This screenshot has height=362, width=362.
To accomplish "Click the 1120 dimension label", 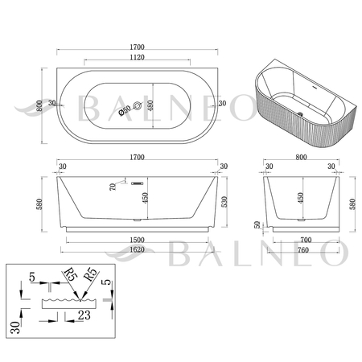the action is point(137,57).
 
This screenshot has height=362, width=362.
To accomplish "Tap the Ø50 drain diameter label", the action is point(125,110).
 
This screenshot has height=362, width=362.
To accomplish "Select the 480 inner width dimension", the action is point(150,105).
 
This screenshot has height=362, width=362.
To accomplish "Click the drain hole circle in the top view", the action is point(138,105).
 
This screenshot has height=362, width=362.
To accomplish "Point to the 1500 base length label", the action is point(137,240).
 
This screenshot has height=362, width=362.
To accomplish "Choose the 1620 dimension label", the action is point(137,249).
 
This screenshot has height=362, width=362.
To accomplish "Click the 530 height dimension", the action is point(224,202).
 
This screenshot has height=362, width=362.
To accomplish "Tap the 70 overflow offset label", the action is point(113,187).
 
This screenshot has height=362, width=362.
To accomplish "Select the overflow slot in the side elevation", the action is point(137,183).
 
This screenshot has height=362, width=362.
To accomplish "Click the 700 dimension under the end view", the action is point(306,240).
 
